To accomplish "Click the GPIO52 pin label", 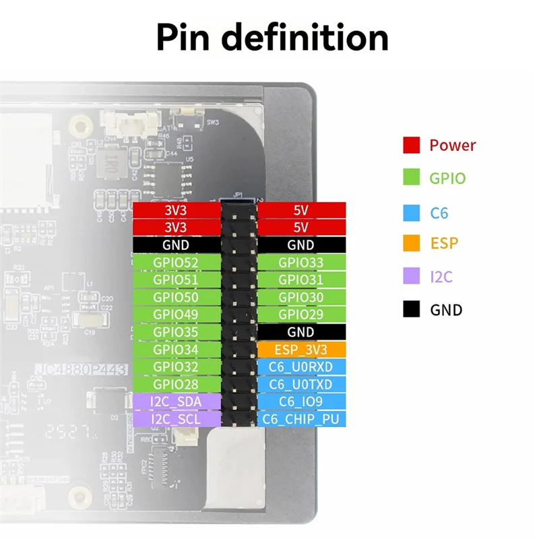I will click(177, 263).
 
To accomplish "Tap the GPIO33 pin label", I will click(300, 263).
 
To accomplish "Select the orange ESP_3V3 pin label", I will click(300, 350).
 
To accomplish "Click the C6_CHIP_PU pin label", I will click(300, 419).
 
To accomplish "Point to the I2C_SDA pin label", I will click(177, 402).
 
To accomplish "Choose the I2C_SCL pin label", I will click(177, 419).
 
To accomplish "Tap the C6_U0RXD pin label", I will click(300, 367).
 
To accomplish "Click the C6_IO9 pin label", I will click(300, 402).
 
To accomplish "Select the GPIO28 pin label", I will click(177, 384).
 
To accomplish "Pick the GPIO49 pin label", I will click(177, 315).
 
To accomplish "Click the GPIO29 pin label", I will click(300, 315).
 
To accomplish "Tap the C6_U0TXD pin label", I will click(300, 384).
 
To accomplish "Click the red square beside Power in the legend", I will click(412, 145).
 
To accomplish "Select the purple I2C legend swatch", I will click(412, 276).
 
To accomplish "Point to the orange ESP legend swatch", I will click(412, 243).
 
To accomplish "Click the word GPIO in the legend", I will click(447, 179).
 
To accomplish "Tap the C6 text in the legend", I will click(439, 214).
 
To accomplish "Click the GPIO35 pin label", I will click(177, 332).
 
